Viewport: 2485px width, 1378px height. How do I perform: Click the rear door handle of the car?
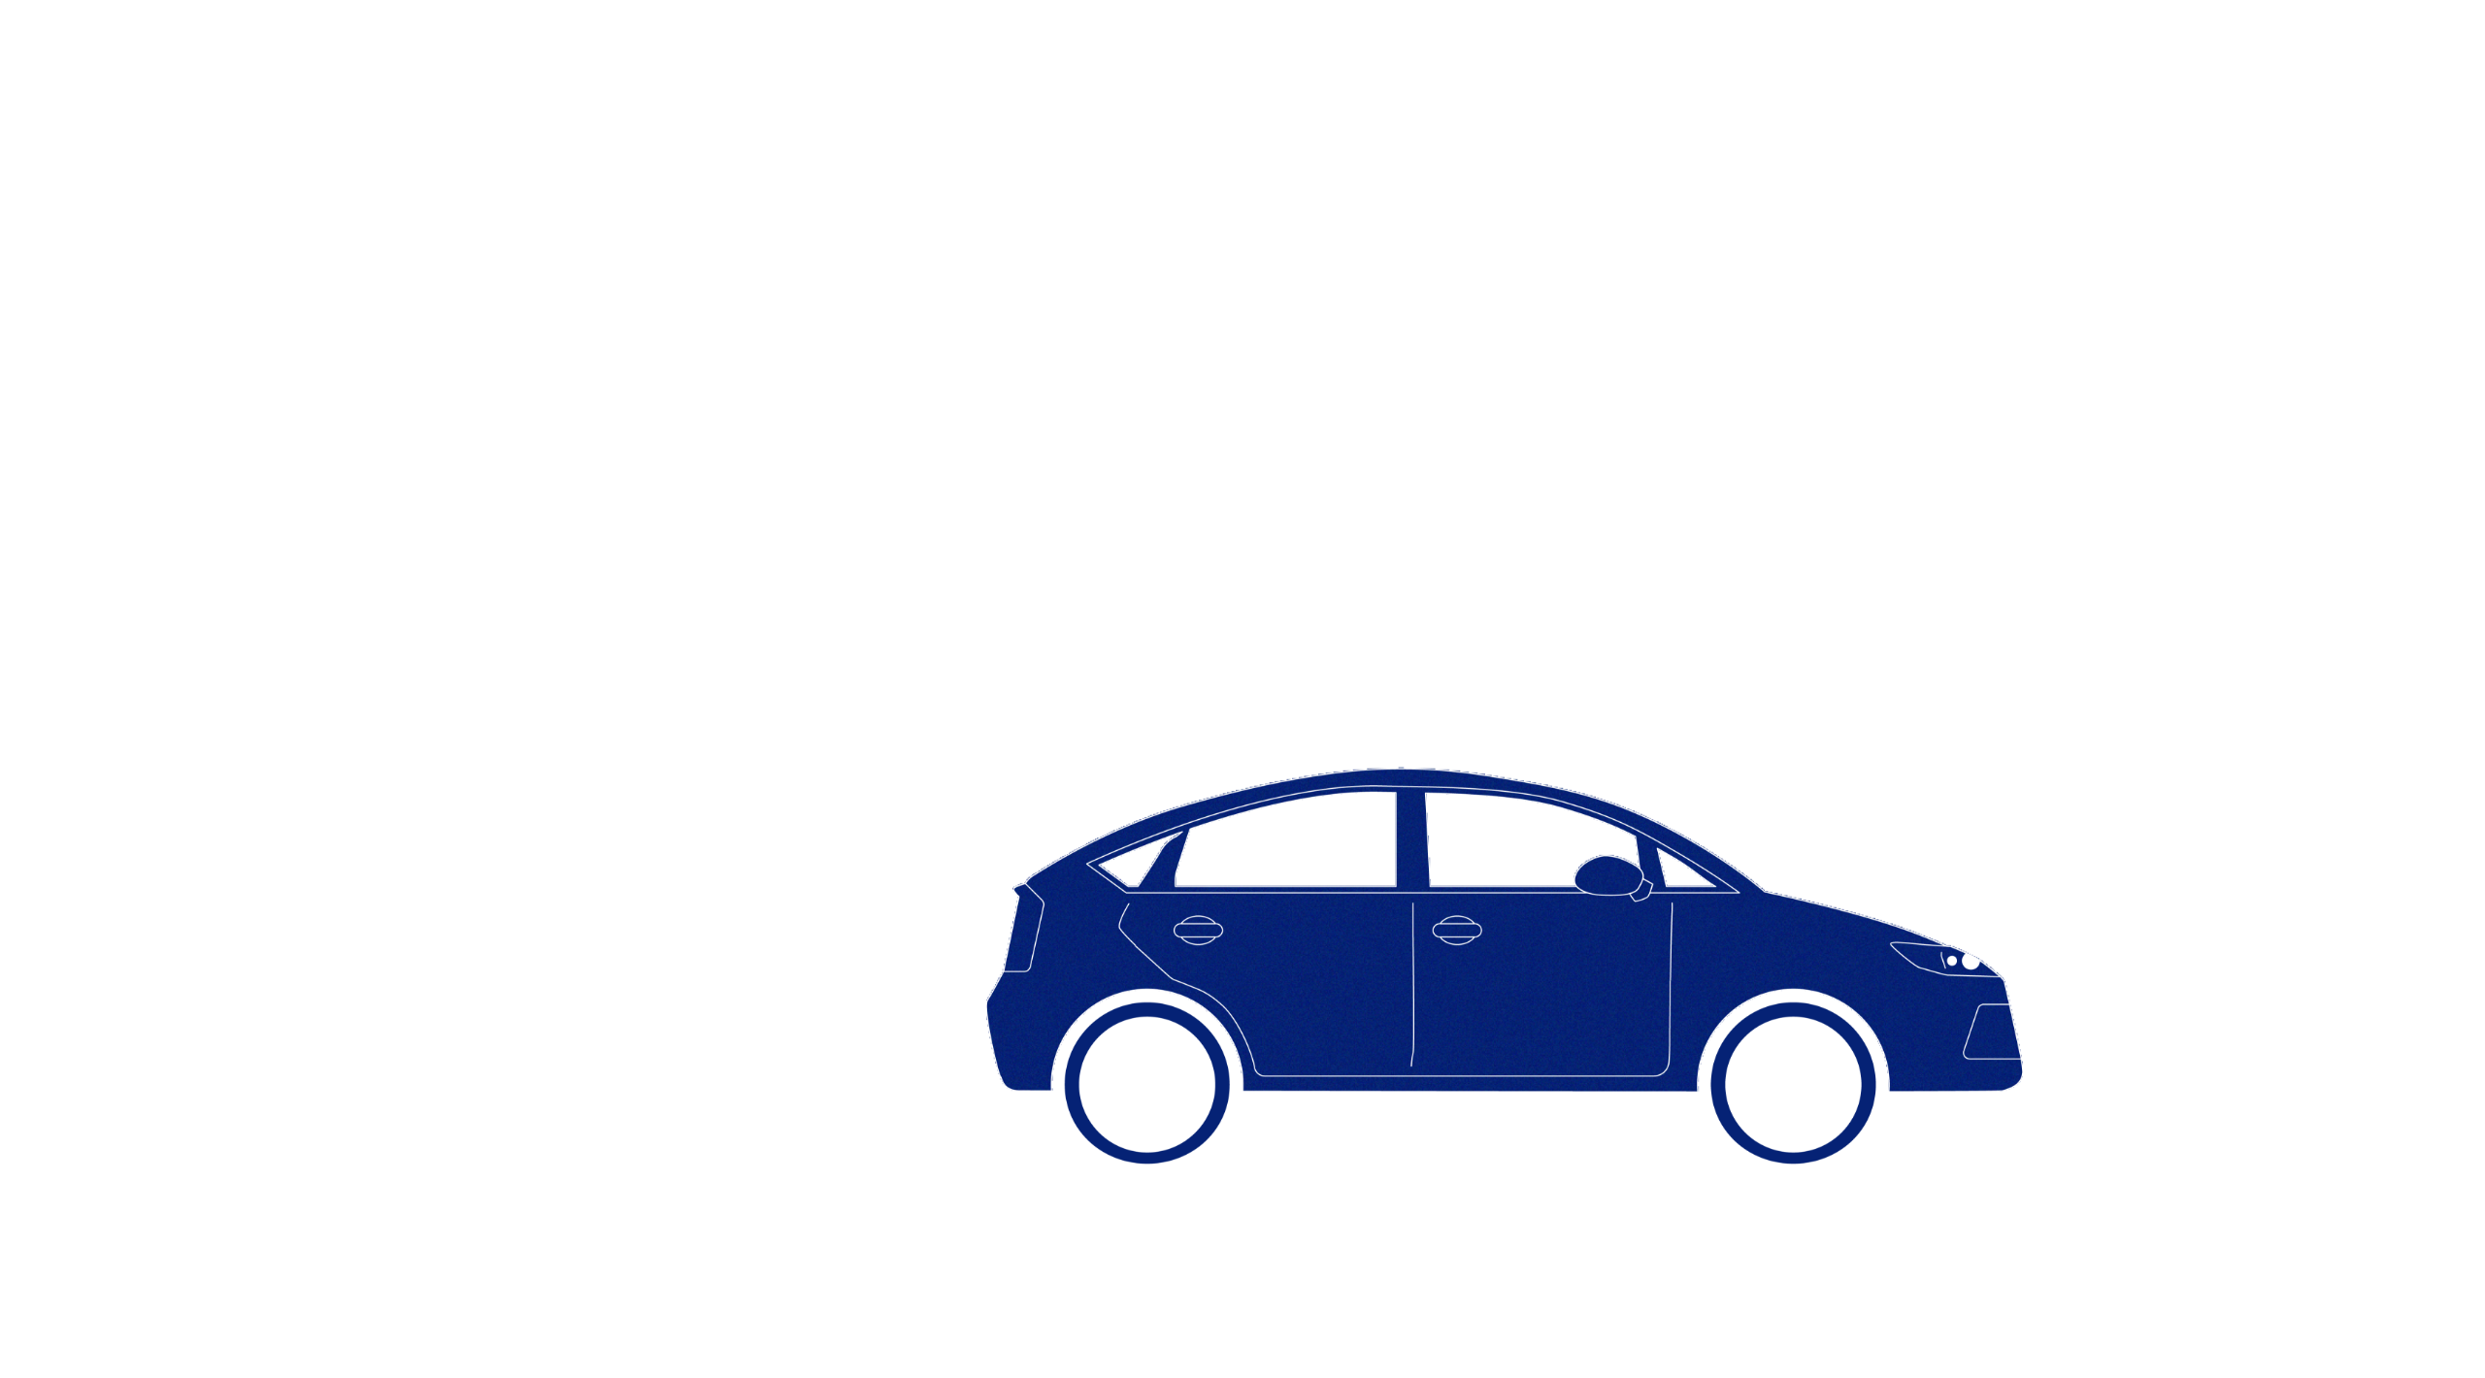tap(1197, 930)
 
